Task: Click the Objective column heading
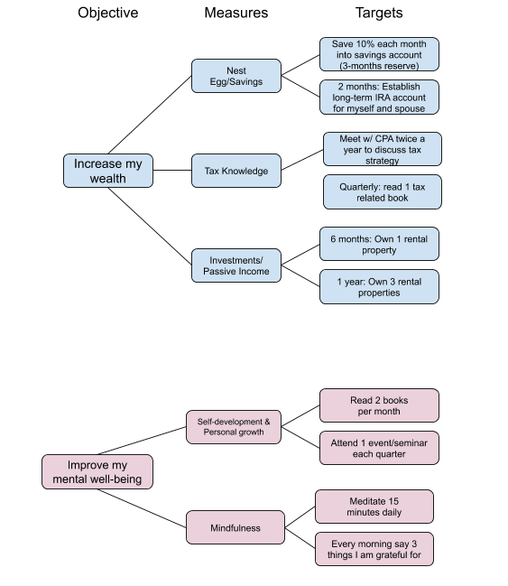(108, 13)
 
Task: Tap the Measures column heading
(236, 13)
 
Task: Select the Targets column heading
(379, 13)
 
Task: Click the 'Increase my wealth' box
(108, 171)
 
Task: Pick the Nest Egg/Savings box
(236, 76)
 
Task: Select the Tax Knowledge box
(236, 171)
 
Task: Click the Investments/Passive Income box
(236, 265)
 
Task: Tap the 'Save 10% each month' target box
(379, 54)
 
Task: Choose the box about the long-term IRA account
(379, 98)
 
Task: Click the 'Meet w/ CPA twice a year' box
(382, 149)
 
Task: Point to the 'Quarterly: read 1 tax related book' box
(382, 192)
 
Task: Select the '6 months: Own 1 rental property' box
(379, 244)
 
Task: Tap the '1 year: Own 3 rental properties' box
(379, 287)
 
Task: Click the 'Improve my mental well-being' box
(97, 471)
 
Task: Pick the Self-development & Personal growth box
(234, 427)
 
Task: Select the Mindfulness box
(236, 527)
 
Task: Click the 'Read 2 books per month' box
(379, 405)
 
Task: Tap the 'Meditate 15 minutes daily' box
(374, 507)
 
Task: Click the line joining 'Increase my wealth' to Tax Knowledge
(172, 171)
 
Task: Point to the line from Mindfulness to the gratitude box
(300, 538)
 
